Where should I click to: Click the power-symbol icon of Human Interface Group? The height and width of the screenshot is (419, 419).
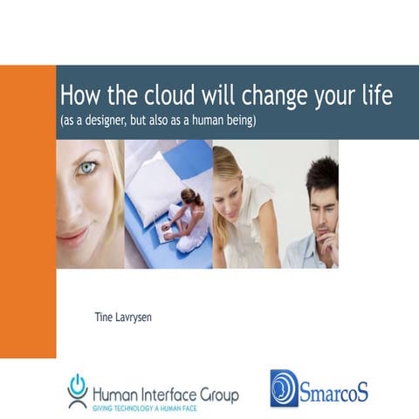78,386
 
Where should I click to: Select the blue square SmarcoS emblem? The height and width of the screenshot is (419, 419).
285,388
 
